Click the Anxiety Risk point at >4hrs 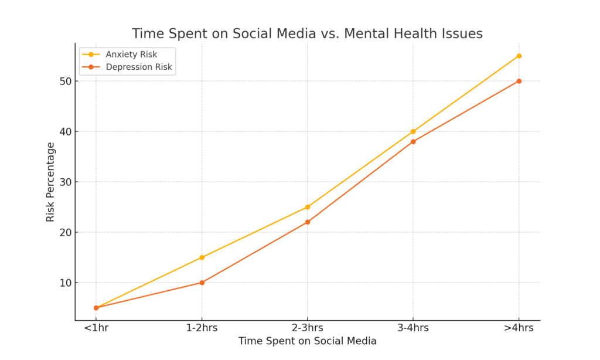[x=519, y=56]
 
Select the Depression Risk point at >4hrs [x=519, y=81]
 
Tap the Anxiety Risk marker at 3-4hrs [x=413, y=131]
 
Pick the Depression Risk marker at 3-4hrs [x=413, y=141]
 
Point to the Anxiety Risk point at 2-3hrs [x=308, y=207]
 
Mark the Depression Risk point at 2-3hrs [x=308, y=222]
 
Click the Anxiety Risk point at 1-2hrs [x=202, y=257]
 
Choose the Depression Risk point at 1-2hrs [x=202, y=283]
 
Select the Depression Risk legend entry [x=139, y=67]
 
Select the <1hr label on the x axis [x=96, y=328]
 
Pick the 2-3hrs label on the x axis [x=308, y=328]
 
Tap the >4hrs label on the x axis [x=519, y=328]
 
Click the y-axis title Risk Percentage [x=50, y=182]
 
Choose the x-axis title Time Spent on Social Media [x=307, y=341]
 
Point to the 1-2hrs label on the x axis [x=202, y=328]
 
